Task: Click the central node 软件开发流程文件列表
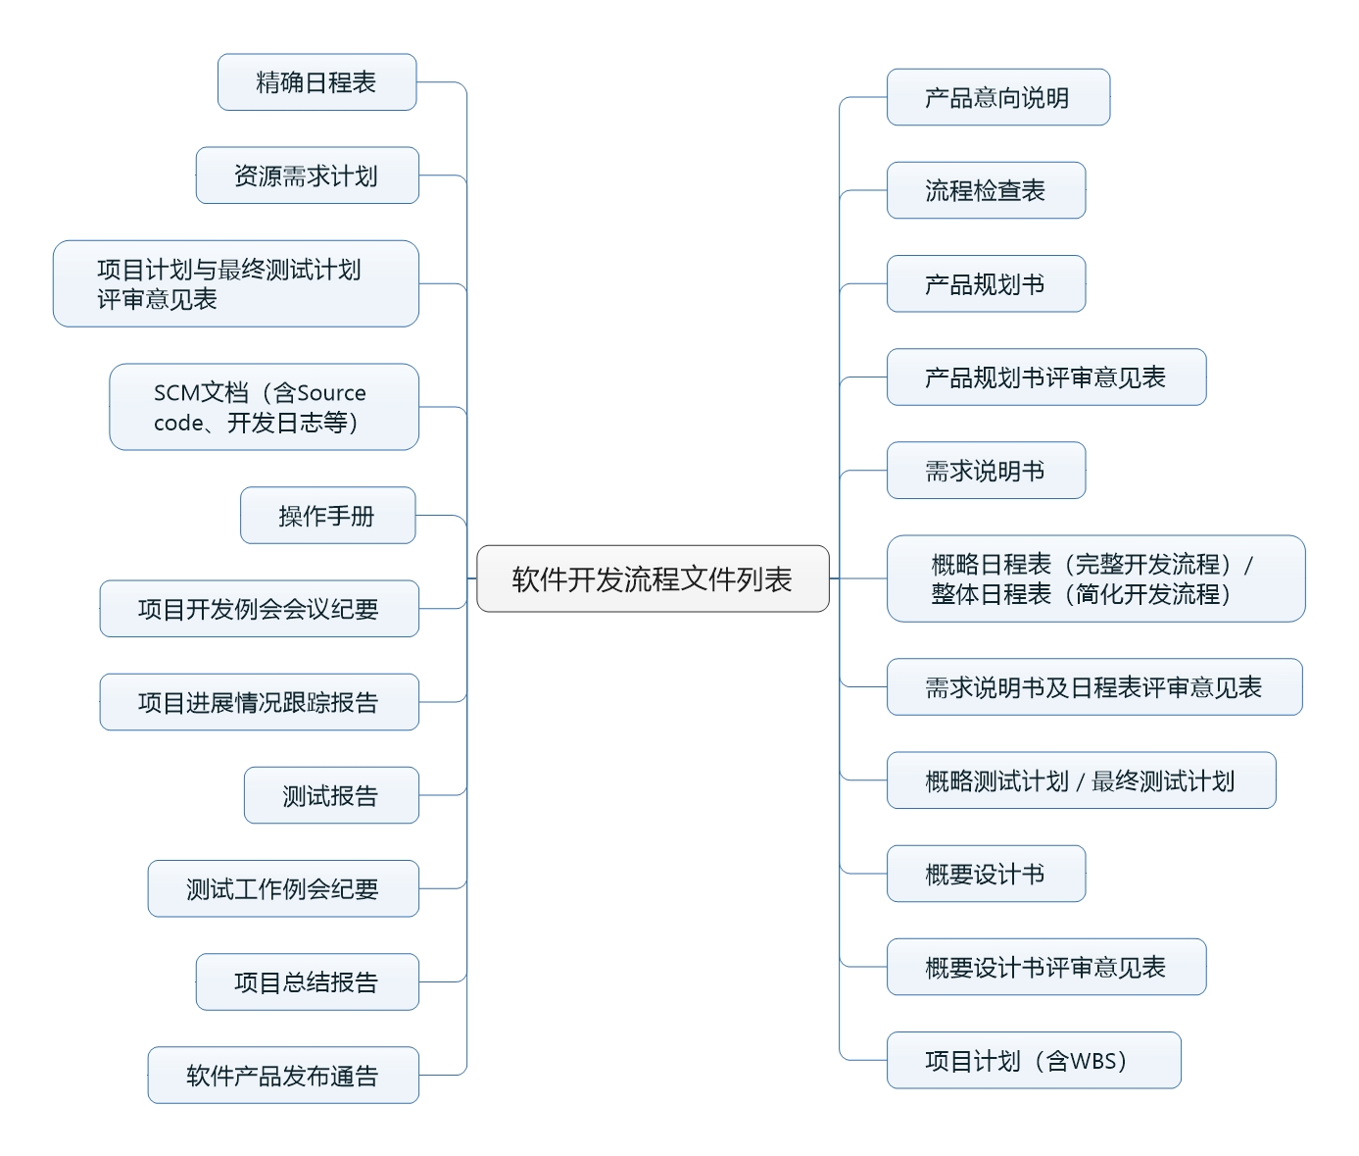[x=653, y=578]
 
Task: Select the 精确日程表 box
[x=316, y=82]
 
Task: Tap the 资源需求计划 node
[x=307, y=176]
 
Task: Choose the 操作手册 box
[x=327, y=516]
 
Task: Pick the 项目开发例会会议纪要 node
[x=259, y=609]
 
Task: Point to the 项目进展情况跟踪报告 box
[x=259, y=702]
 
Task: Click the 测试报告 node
[x=331, y=795]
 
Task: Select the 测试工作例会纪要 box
[x=283, y=888]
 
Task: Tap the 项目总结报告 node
[x=307, y=981]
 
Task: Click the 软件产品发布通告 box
[x=283, y=1076]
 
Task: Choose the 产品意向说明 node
[x=997, y=97]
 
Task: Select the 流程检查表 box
[x=986, y=190]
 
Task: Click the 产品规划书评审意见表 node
[x=1045, y=377]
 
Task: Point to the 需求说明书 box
[x=986, y=471]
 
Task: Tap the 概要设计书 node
[x=986, y=874]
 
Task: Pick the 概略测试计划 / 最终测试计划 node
[x=1080, y=780]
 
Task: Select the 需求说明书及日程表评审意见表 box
[x=1093, y=687]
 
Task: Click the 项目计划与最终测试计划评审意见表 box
[x=235, y=283]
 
